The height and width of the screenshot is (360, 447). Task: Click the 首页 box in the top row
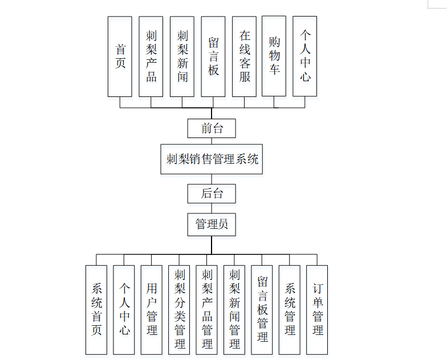[120, 56]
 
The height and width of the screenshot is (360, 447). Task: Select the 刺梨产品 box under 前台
[151, 56]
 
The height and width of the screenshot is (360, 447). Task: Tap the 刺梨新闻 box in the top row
[182, 56]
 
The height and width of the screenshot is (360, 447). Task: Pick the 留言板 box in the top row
[214, 56]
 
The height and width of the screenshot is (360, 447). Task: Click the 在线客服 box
[245, 56]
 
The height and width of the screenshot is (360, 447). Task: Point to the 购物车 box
[274, 56]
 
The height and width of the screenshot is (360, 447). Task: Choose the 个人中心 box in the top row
[305, 56]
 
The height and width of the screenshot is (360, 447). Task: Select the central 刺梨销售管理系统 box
[212, 159]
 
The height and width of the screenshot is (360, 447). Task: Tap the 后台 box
[212, 193]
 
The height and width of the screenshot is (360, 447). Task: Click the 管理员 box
[212, 224]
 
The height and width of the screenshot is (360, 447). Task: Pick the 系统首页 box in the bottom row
[96, 309]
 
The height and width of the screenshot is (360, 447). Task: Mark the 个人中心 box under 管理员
[124, 309]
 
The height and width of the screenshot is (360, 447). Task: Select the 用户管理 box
[152, 309]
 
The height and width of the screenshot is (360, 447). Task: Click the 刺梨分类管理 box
[180, 309]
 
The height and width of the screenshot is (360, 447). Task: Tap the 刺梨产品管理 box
[207, 309]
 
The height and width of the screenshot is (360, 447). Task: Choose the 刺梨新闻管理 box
[235, 309]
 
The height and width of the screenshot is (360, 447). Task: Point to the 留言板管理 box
[262, 309]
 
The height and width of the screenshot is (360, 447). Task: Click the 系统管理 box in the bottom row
[290, 309]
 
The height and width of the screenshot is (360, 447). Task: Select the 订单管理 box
[318, 309]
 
